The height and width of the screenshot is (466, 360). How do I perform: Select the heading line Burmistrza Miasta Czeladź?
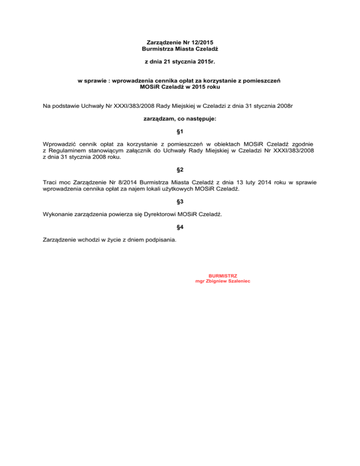[x=180, y=49]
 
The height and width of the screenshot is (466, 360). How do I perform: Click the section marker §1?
[x=180, y=132]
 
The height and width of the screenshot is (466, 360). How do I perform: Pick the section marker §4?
[x=180, y=227]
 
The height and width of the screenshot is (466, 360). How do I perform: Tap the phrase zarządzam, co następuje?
[x=180, y=120]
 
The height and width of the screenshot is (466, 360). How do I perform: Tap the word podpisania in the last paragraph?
[x=161, y=240]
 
